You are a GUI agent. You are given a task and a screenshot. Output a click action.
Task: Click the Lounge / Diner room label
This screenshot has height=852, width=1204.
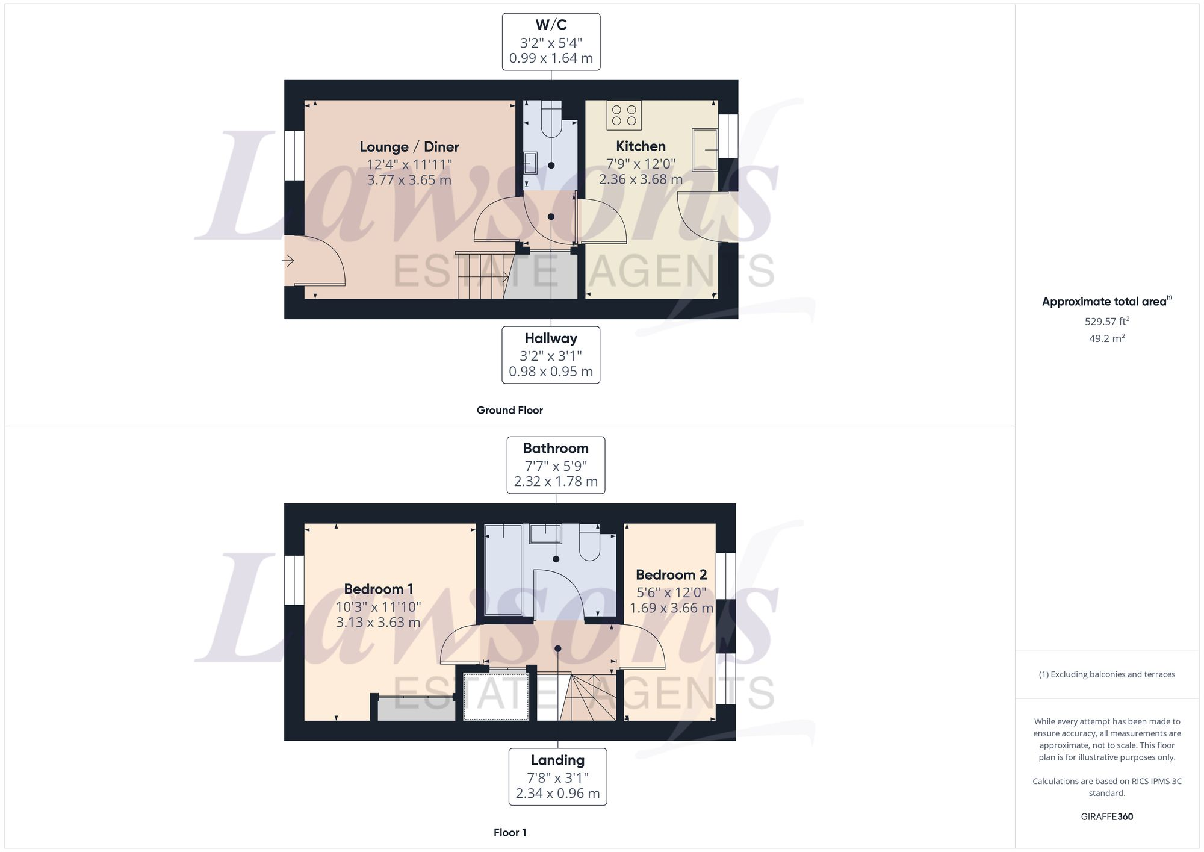pos(409,147)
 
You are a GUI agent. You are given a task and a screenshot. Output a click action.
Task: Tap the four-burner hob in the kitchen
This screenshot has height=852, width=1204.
pos(624,115)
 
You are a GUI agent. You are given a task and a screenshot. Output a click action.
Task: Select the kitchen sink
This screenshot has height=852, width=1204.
pos(704,149)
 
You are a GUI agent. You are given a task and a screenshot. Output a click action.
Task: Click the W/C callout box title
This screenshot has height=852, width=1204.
pos(551,25)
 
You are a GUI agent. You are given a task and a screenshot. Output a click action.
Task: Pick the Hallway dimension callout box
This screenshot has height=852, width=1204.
pos(551,355)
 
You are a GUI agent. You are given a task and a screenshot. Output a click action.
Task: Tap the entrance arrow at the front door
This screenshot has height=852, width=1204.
pos(288,261)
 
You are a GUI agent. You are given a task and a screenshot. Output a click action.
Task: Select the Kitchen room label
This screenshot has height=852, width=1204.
pos(641,146)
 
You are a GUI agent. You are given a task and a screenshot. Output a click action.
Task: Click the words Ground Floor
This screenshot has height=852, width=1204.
pos(509,411)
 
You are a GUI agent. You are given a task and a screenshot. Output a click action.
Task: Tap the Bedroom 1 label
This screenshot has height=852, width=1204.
pos(378,589)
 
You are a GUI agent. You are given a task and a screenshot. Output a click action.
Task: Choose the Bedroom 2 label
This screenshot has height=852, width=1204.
pos(671,575)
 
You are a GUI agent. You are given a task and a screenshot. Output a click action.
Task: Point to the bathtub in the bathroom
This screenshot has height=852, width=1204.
pos(503,569)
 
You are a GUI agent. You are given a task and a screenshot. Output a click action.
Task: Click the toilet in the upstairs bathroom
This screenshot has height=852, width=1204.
pos(589,543)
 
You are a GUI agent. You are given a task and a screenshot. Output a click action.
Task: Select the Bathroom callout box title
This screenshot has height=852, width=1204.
pos(556,449)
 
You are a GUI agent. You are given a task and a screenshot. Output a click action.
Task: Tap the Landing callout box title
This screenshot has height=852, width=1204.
pos(557,760)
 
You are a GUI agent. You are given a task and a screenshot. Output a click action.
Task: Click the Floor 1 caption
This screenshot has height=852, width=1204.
pos(510,833)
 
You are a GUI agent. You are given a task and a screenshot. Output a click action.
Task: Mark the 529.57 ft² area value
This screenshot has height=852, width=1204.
pos(1106,322)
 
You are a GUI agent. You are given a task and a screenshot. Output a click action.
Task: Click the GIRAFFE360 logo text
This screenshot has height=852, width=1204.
pos(1106,817)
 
